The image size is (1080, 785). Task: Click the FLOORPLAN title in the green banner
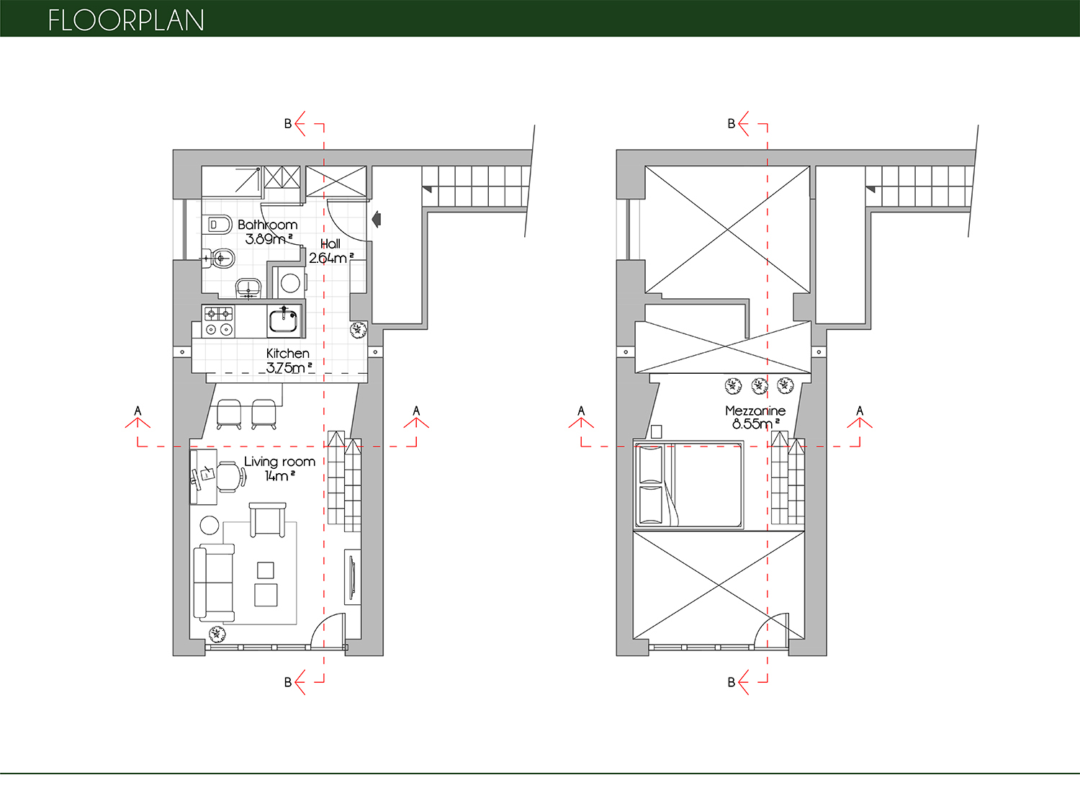click(x=126, y=20)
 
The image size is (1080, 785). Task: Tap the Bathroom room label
click(x=268, y=225)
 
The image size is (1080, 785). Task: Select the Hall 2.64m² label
click(x=331, y=251)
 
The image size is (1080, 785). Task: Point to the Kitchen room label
click(x=288, y=353)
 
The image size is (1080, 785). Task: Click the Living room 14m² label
click(x=279, y=468)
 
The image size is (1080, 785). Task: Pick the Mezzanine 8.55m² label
click(x=755, y=417)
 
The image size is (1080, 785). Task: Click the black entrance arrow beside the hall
click(x=377, y=219)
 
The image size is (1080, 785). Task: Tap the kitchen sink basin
click(x=284, y=320)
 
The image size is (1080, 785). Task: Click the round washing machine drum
click(x=290, y=283)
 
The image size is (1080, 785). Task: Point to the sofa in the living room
click(x=214, y=582)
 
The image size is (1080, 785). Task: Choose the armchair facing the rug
click(x=268, y=520)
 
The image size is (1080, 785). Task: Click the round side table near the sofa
click(x=210, y=525)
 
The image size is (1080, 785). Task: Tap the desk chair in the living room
click(x=231, y=477)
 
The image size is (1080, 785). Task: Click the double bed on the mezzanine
click(x=688, y=485)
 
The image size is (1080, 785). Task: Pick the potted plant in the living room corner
click(x=217, y=634)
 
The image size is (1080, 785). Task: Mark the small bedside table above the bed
click(x=656, y=431)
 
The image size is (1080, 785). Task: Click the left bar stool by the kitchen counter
click(x=229, y=413)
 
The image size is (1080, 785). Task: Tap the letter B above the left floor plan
click(x=288, y=124)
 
